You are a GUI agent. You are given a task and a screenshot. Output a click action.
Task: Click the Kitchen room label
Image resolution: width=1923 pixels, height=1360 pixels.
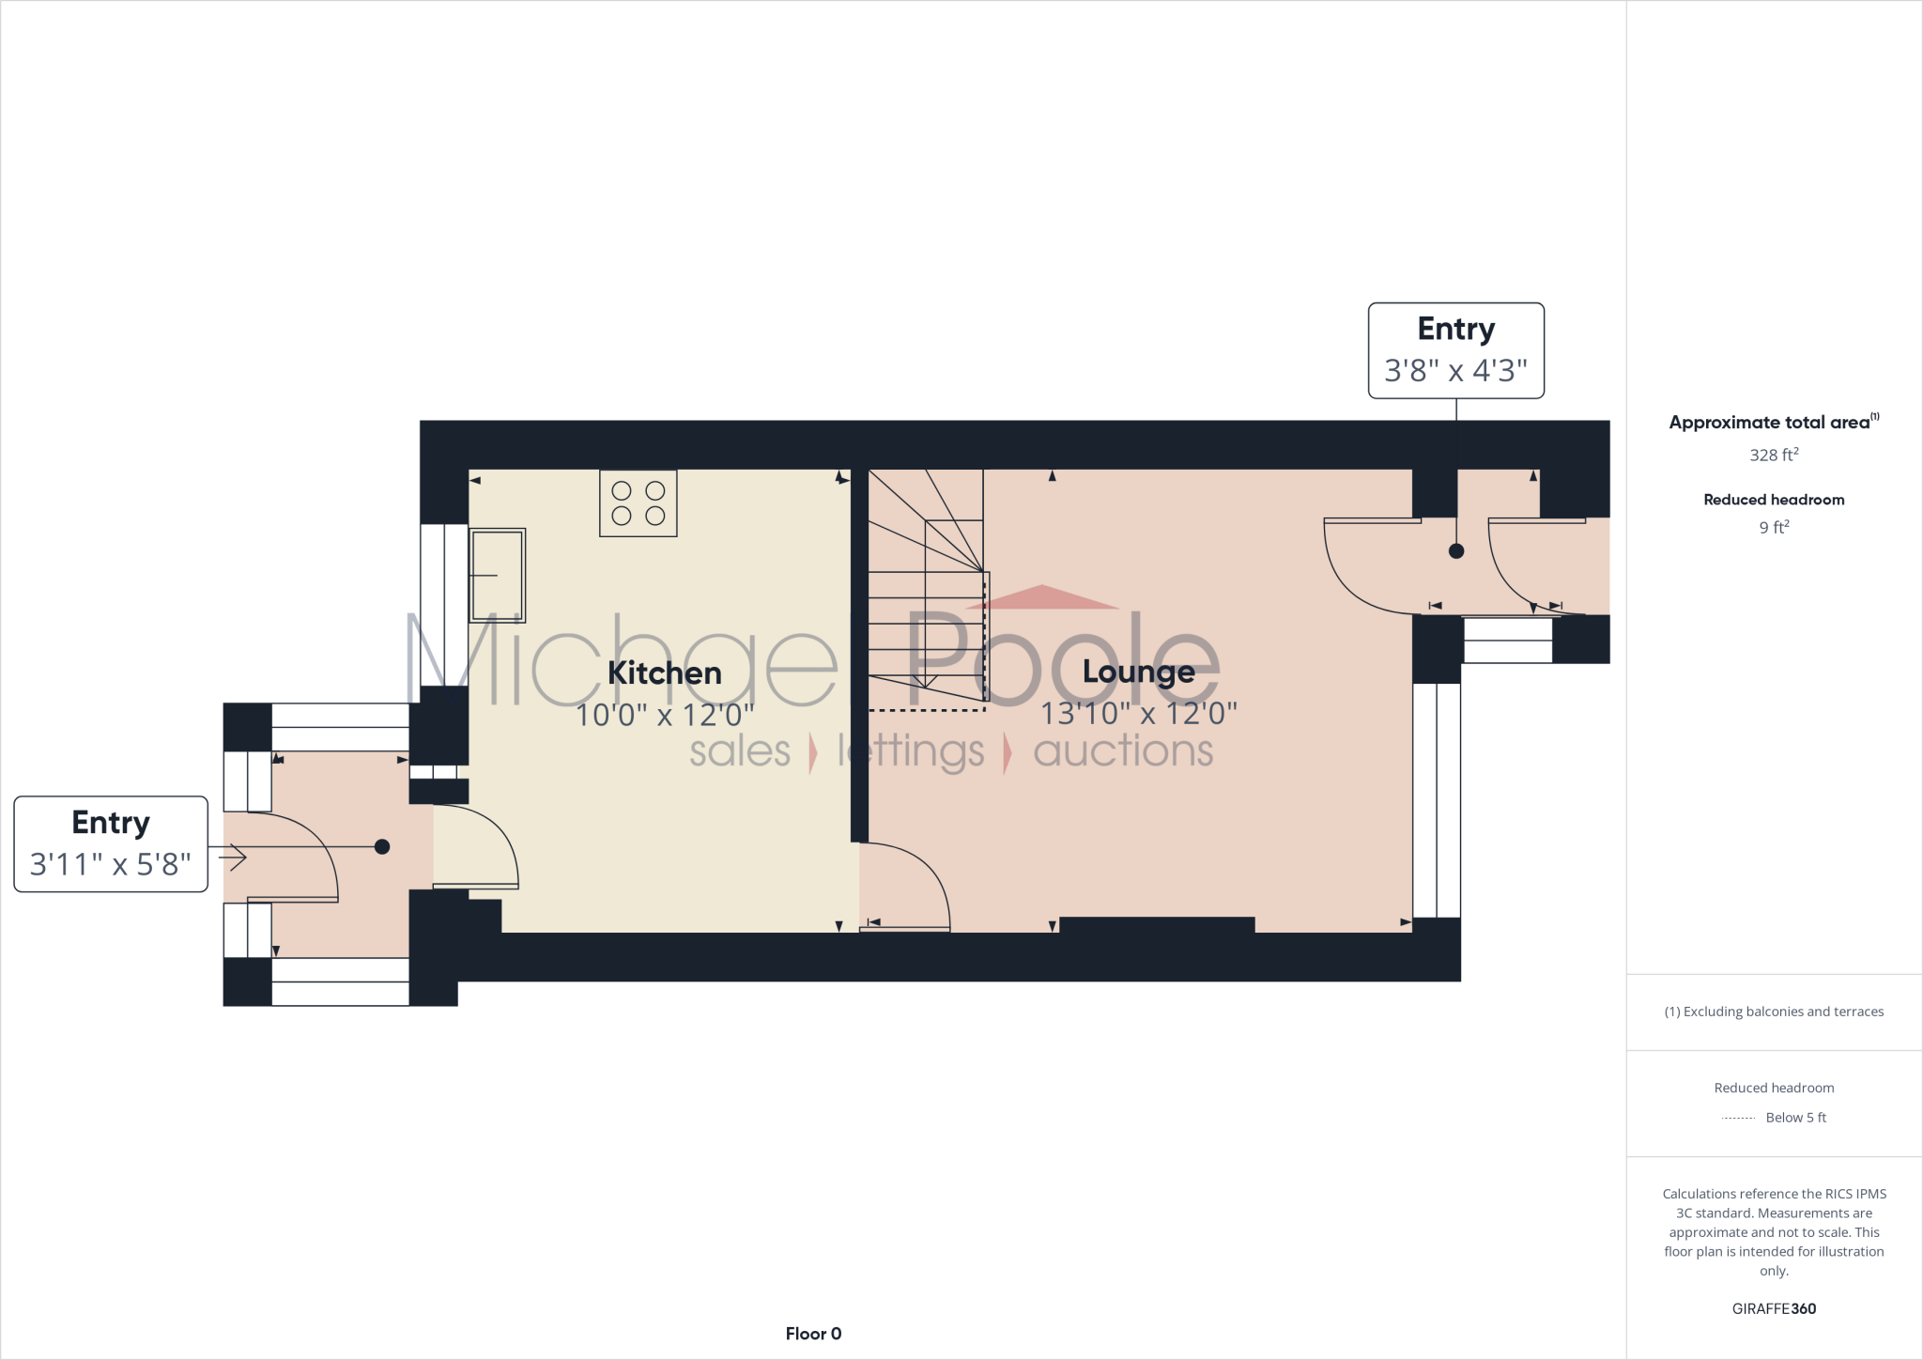pos(664,673)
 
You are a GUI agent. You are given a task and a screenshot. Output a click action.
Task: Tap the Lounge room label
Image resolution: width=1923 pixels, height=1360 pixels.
pos(1138,672)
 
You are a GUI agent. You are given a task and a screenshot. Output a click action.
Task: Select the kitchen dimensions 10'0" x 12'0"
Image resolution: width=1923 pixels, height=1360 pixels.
pos(664,716)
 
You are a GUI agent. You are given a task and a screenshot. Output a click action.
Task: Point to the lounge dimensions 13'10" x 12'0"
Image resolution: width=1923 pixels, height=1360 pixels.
pos(1138,714)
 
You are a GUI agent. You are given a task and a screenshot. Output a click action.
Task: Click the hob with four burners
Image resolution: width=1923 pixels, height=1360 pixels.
pos(638,503)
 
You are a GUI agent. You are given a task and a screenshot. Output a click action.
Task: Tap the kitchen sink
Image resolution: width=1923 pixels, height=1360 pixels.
pos(497,575)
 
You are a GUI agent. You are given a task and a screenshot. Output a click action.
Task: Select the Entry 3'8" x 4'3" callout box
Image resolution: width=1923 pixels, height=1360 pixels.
pos(1455,350)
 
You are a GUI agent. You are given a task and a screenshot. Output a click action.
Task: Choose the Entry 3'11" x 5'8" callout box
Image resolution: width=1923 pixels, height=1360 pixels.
pos(111,843)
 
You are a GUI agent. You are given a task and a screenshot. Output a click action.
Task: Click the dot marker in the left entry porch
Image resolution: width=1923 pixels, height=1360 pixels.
pos(382,847)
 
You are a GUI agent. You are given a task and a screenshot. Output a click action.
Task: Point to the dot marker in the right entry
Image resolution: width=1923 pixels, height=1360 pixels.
pos(1456,551)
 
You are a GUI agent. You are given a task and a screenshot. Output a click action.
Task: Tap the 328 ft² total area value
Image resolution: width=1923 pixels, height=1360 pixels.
pos(1774,456)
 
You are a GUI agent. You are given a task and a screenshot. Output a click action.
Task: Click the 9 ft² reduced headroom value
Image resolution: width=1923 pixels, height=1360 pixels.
pos(1774,528)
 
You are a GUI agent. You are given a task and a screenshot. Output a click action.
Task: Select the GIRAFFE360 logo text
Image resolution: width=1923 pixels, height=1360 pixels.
pos(1774,1308)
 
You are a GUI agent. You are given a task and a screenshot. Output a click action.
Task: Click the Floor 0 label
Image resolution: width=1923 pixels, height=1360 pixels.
pos(813,1334)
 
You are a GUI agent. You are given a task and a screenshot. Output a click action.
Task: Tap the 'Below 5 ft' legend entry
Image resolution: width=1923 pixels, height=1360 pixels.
pos(1794,1118)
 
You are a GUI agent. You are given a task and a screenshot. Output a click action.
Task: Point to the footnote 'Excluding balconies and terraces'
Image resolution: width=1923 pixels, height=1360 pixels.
pos(1774,1012)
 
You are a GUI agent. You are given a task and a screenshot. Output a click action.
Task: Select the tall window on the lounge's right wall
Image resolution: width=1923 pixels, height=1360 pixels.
pos(1437,799)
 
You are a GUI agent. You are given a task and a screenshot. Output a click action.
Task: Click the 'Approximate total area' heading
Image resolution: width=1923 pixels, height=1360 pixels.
pos(1770,423)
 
